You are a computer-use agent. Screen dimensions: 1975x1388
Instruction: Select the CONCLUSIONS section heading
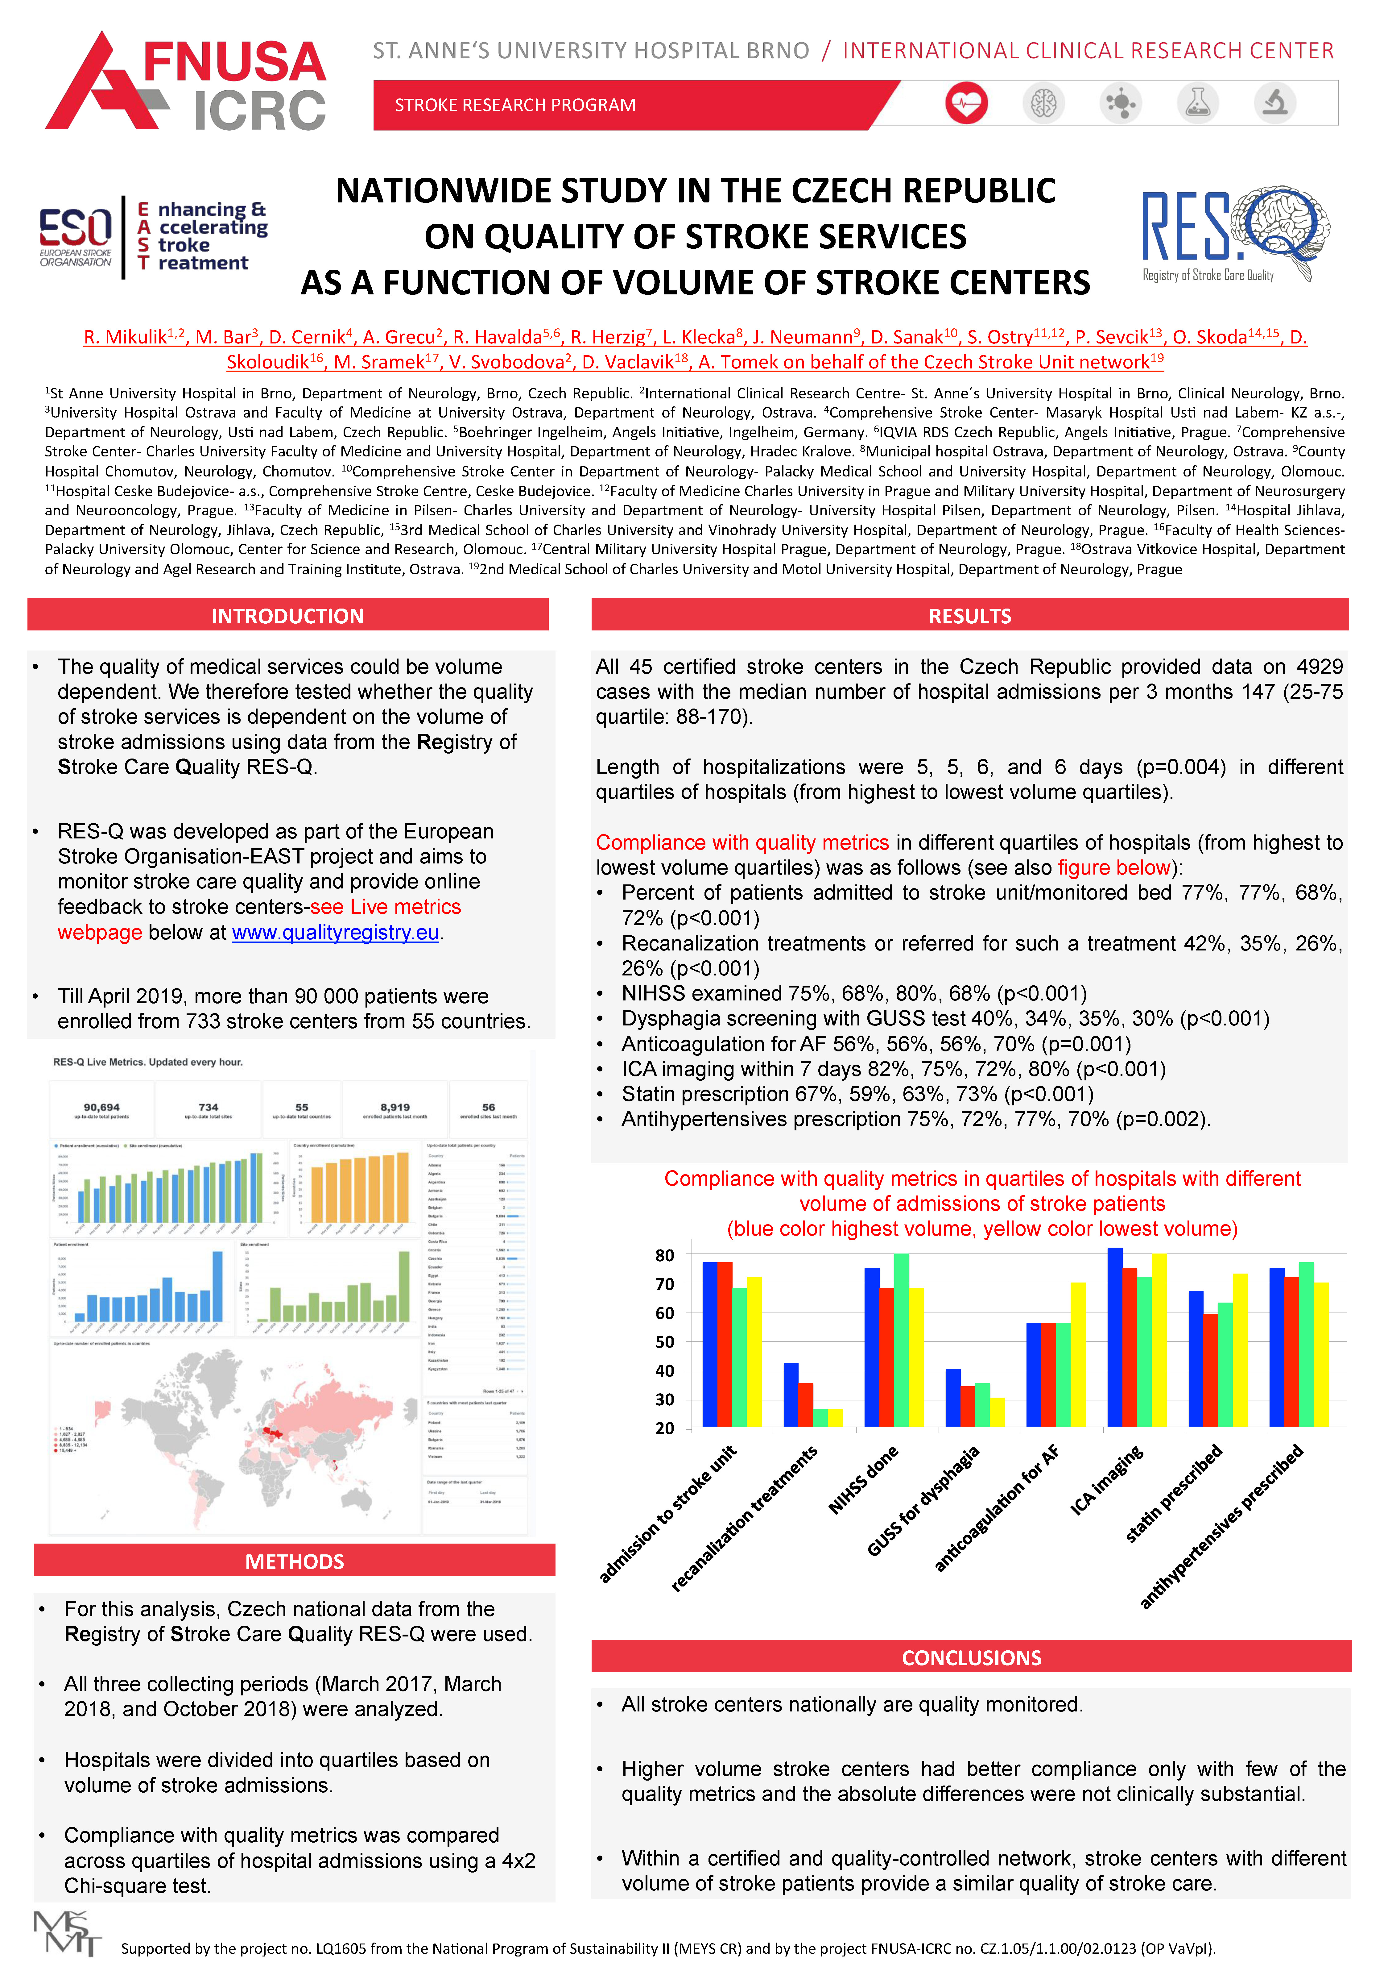pyautogui.click(x=971, y=1657)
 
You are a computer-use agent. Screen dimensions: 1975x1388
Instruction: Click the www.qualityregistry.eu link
pyautogui.click(x=335, y=933)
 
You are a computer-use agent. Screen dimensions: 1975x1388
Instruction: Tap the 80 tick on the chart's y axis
pyautogui.click(x=665, y=1256)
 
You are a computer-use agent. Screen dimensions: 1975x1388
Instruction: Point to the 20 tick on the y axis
pyautogui.click(x=665, y=1429)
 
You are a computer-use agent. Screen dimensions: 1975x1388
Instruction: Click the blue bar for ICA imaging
pyautogui.click(x=1114, y=1337)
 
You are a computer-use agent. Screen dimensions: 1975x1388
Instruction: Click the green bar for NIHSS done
pyautogui.click(x=901, y=1340)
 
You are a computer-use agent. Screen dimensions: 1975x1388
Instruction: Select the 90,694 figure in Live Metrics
pyautogui.click(x=101, y=1107)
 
